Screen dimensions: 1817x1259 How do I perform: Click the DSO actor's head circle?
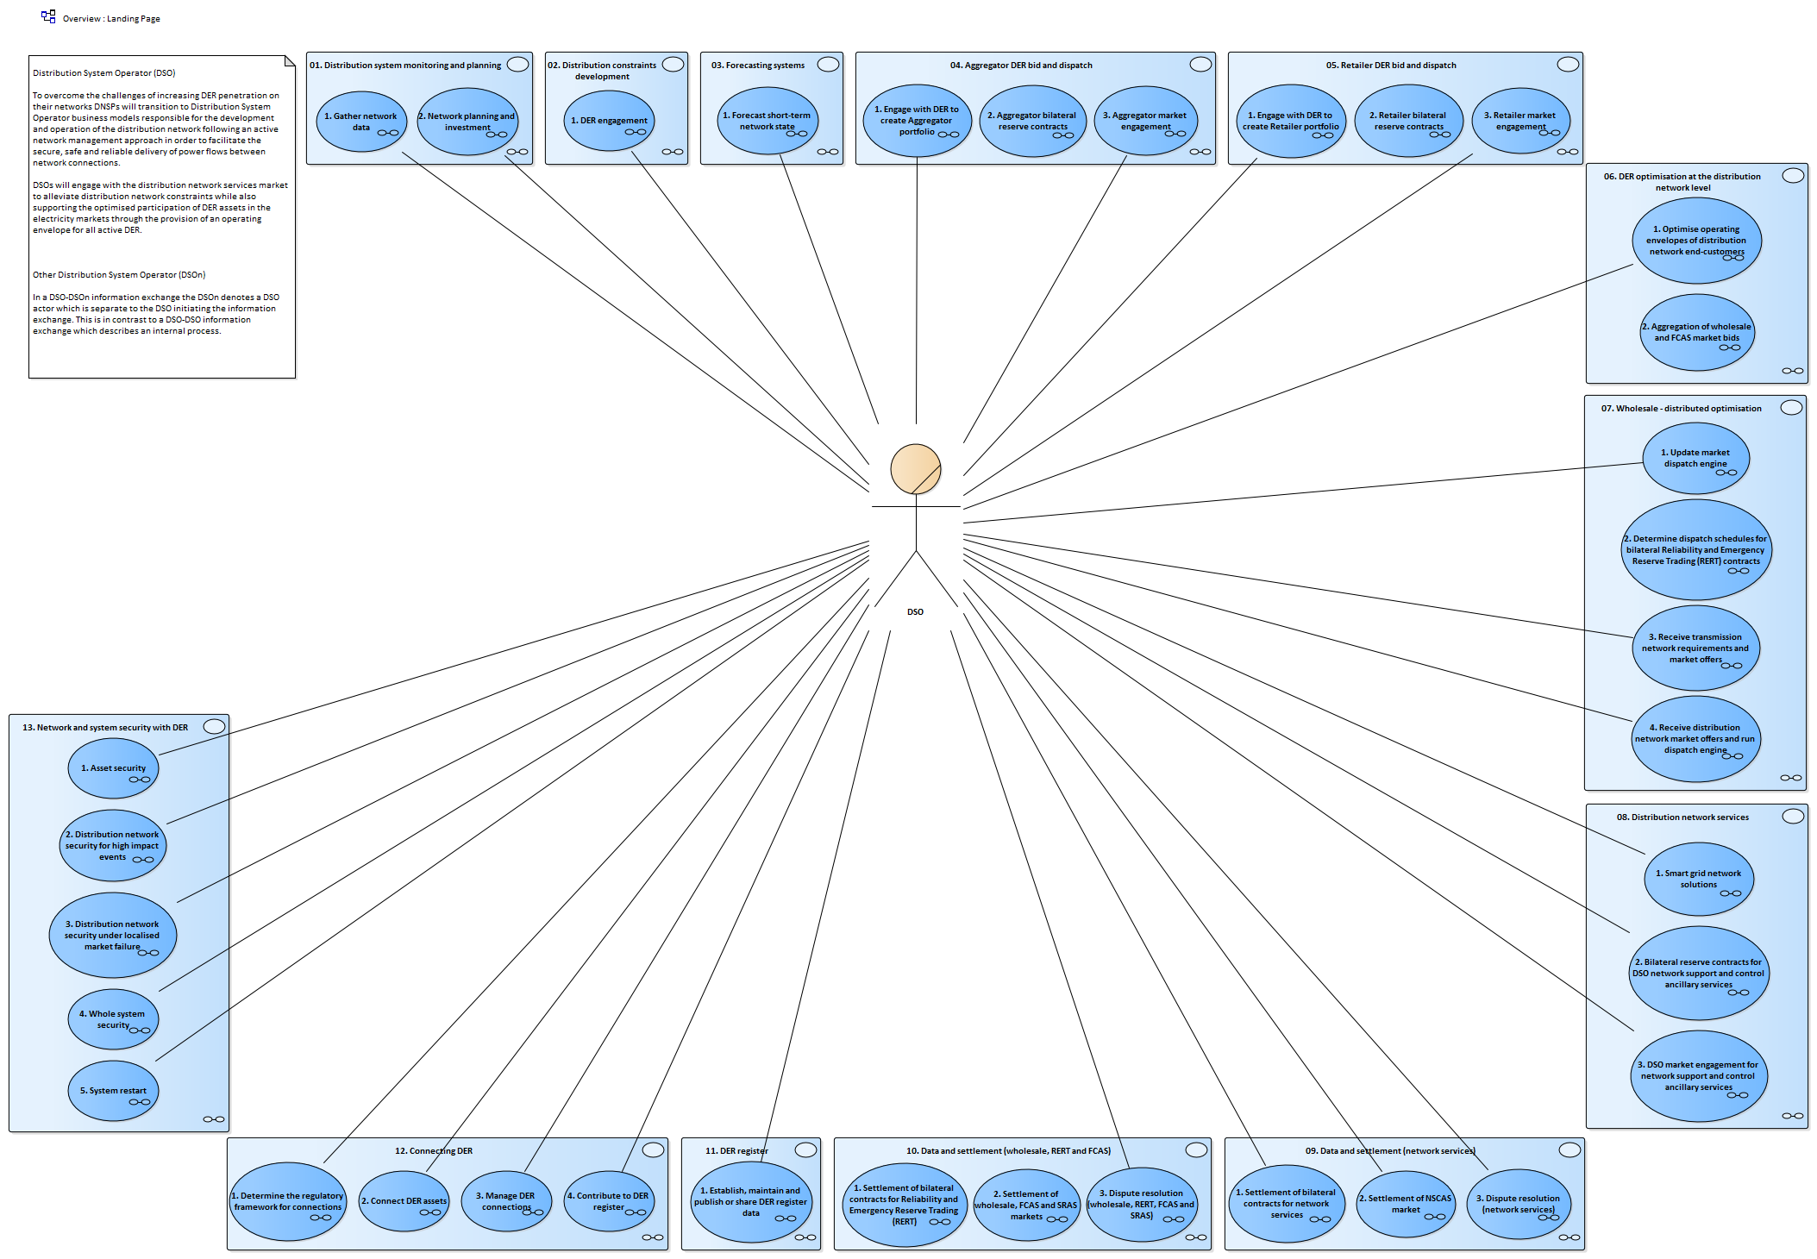pos(916,469)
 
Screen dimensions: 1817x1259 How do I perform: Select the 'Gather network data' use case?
pos(361,122)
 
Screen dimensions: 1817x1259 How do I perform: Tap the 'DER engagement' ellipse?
pos(609,121)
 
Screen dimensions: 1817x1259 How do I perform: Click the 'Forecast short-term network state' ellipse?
pos(768,121)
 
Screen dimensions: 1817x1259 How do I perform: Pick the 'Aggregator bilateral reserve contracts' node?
pos(1033,121)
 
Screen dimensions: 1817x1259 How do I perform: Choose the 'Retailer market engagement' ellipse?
pos(1521,121)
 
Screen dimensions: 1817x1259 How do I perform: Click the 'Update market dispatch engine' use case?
pos(1695,458)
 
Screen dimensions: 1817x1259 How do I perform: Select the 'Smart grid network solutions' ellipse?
pos(1699,879)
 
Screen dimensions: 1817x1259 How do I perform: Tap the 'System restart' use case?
pos(114,1091)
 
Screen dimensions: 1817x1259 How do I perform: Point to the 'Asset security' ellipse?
pos(114,768)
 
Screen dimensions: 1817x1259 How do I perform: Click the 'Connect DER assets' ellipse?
pos(404,1201)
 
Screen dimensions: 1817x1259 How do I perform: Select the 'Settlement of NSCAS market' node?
pos(1406,1204)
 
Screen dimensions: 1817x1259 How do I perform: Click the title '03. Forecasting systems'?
pos(758,66)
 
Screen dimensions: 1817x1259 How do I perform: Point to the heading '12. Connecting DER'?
pos(434,1151)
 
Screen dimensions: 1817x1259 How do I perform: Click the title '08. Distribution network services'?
pos(1682,817)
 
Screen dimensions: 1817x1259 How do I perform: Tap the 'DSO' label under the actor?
pos(915,612)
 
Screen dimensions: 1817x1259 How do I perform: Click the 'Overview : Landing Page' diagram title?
pos(111,19)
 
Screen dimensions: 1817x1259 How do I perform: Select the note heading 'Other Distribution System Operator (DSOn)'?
pos(119,275)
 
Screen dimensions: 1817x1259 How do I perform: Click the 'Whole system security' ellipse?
pos(114,1019)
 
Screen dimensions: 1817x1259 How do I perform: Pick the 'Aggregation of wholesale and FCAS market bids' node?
pos(1697,333)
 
